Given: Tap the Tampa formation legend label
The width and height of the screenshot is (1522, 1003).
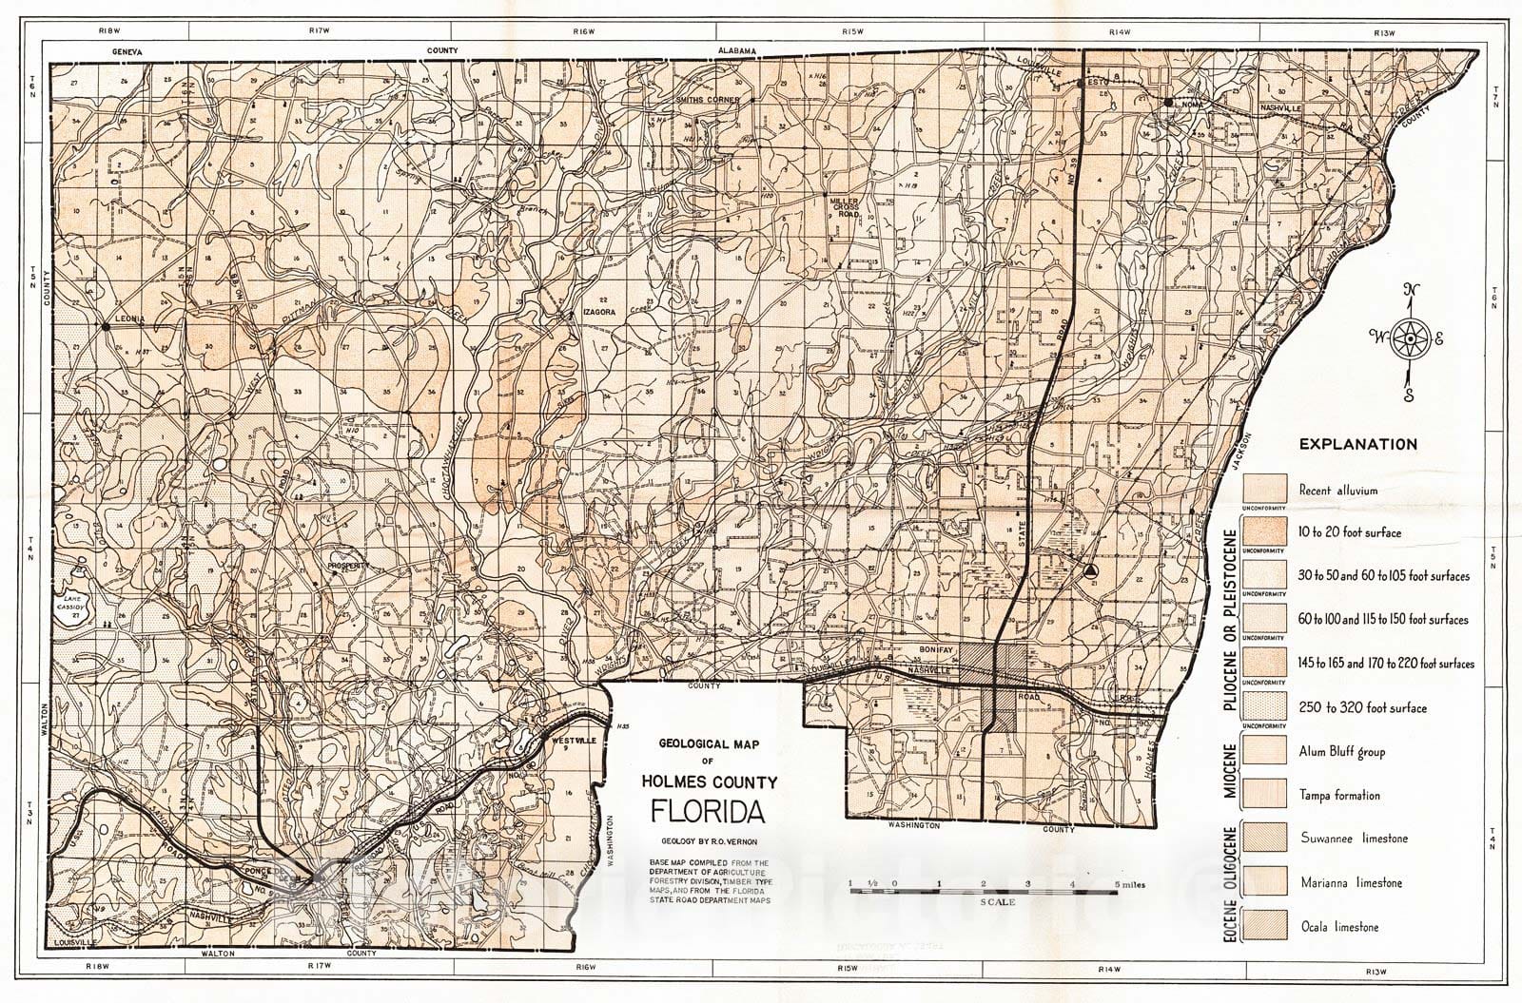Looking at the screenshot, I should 1339,795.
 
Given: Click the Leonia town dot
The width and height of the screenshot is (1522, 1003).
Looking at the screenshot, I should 107,326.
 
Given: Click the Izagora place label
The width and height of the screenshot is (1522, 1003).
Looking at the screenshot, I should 601,311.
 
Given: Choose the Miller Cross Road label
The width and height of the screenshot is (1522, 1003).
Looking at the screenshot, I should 844,208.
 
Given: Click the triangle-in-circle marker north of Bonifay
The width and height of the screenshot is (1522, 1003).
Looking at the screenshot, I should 1090,570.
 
